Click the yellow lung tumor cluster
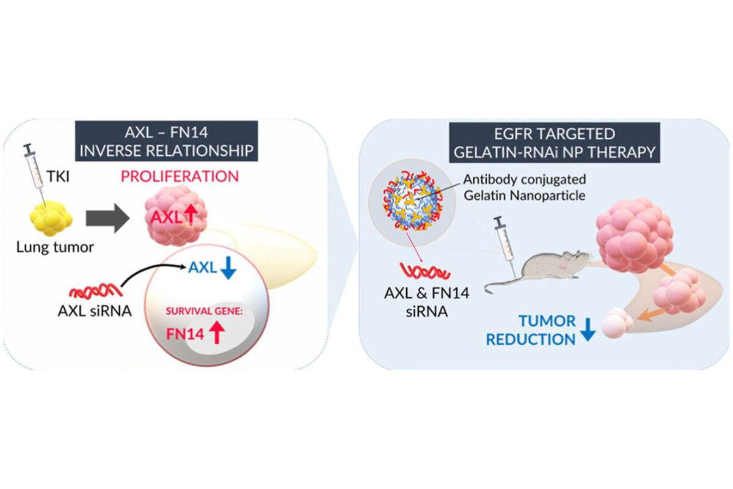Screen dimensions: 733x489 point(51,219)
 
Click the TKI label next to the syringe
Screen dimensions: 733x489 point(58,177)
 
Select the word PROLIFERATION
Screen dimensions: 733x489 point(180,177)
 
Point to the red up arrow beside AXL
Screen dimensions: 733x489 point(191,217)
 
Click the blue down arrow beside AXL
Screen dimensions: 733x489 point(228,268)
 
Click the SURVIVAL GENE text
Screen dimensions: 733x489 point(204,311)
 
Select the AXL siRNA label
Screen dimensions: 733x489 point(95,311)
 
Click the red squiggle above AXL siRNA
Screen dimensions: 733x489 point(96,290)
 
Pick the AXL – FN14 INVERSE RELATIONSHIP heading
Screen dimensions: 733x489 point(167,142)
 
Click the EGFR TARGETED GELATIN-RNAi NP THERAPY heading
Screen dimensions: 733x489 point(555,143)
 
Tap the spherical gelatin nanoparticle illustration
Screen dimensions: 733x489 point(412,202)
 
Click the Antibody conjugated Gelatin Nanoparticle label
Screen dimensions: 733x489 point(525,187)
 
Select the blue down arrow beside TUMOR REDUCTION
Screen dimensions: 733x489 point(588,330)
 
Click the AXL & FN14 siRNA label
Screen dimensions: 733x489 point(427,302)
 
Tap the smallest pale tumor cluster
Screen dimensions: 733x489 point(616,323)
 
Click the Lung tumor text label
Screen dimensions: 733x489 point(55,248)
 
